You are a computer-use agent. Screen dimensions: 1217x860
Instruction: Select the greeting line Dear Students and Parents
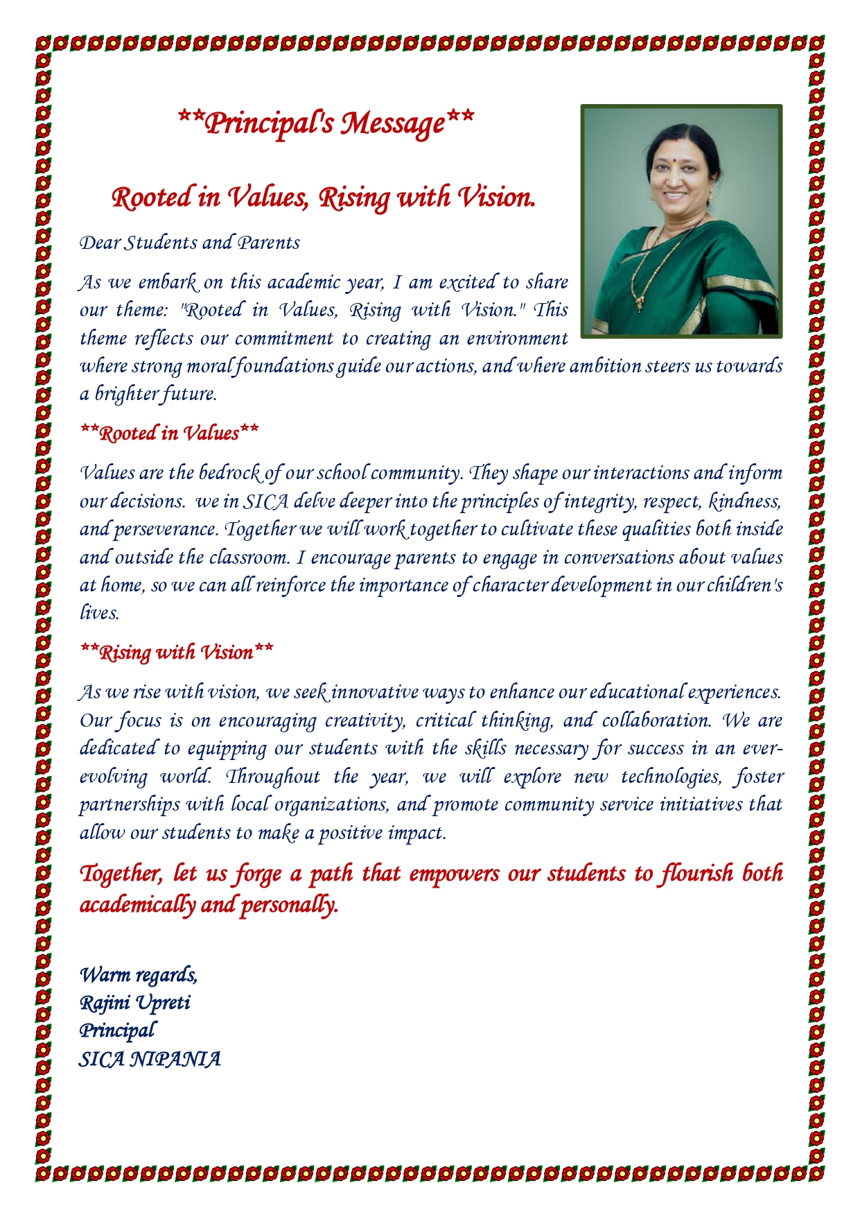tap(190, 243)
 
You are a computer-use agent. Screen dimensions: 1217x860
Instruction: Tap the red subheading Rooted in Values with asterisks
tap(170, 433)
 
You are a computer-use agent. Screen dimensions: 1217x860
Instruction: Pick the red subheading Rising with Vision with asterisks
tap(177, 653)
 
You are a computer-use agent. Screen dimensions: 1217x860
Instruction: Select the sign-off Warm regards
tap(139, 974)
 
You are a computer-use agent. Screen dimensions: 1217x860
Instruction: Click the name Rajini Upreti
tap(135, 1003)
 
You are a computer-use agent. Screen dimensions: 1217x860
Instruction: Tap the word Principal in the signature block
tap(117, 1030)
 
